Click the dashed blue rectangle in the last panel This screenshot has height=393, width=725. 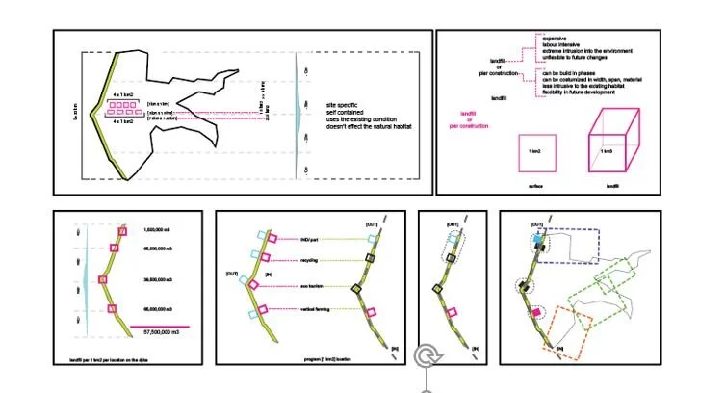click(x=574, y=245)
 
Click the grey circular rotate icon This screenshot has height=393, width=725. click(x=425, y=357)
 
